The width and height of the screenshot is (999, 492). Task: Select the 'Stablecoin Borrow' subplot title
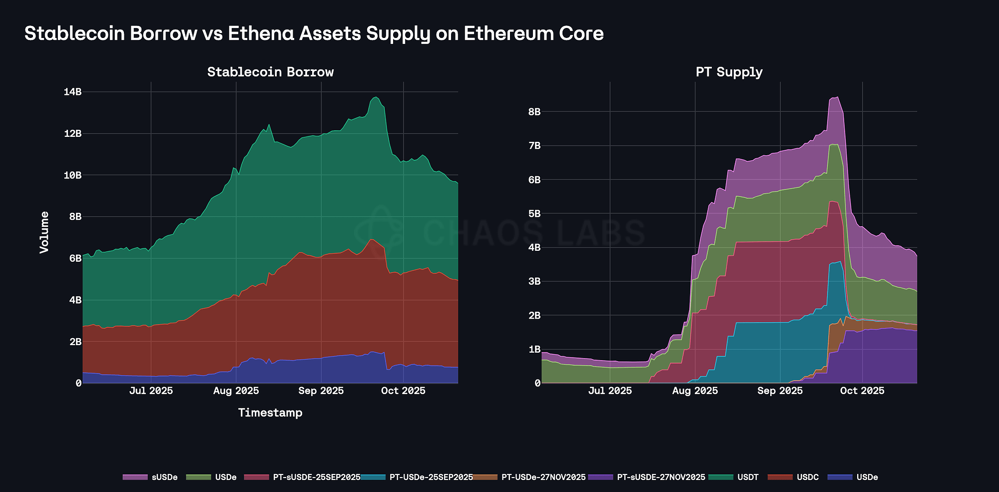[270, 72]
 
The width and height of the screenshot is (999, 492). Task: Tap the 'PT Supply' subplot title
[729, 72]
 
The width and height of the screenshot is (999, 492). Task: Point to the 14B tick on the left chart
[72, 92]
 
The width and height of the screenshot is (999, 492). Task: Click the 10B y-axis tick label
[72, 175]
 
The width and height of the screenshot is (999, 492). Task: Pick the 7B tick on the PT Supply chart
[534, 146]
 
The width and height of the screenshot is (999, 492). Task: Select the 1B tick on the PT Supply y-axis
[534, 349]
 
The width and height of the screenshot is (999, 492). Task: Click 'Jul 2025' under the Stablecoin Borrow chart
[151, 391]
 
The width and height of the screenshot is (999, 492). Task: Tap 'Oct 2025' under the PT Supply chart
[862, 391]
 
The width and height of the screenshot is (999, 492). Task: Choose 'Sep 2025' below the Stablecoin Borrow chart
[321, 391]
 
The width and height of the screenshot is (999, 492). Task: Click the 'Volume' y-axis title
[44, 232]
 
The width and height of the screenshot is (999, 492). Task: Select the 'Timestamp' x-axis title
[270, 413]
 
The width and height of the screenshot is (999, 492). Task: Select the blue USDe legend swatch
[840, 477]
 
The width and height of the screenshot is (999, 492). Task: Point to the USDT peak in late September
[376, 97]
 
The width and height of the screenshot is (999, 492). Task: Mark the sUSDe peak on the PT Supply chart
[837, 97]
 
